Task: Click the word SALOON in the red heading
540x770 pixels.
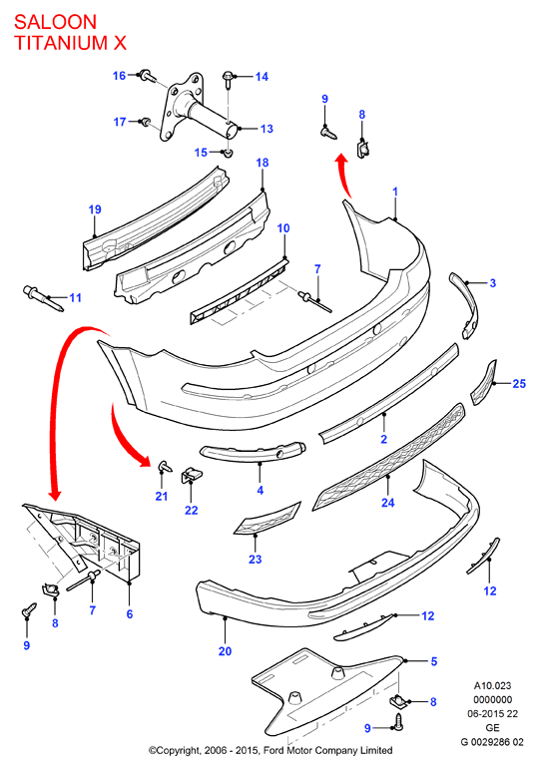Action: (56, 22)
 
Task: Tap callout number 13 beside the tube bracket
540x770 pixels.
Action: (267, 129)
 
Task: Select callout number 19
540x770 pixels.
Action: (95, 209)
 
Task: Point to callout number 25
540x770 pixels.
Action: (519, 384)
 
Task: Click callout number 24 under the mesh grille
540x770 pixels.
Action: (387, 503)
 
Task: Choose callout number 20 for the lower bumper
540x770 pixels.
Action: (225, 651)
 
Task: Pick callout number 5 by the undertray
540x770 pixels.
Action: (434, 661)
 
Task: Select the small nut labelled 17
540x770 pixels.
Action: (146, 122)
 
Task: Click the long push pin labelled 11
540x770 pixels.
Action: (43, 298)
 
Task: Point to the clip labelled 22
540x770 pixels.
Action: (192, 475)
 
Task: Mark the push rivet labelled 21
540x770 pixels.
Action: (165, 466)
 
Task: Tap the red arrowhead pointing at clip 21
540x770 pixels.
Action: (144, 460)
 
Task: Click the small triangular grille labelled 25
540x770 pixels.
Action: (484, 383)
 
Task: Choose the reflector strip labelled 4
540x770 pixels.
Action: (253, 453)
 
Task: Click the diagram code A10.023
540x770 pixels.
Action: (492, 685)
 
